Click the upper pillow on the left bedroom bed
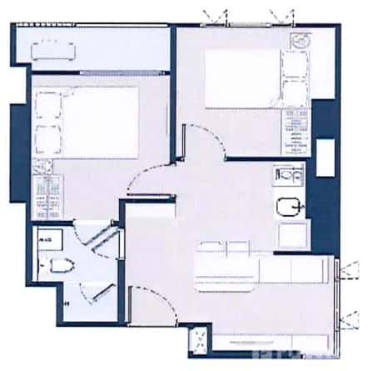pos(45,106)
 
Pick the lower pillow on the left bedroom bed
pos(45,138)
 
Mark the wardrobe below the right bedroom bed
pos(296,130)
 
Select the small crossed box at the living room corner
pos(199,338)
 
